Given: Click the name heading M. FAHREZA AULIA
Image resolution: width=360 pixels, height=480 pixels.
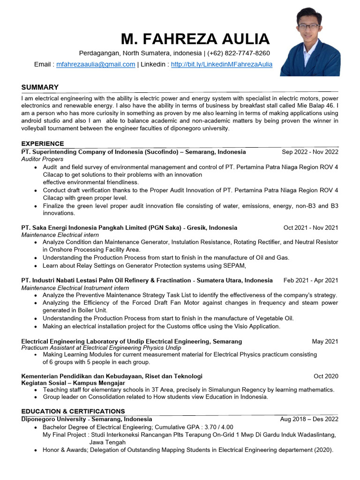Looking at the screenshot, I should [195, 39].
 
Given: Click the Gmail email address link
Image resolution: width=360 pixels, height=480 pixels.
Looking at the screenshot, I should [96, 64].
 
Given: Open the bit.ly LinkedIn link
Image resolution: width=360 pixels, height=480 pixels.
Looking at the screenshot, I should [222, 64].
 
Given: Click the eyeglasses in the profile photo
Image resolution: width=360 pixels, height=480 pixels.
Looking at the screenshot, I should [309, 27].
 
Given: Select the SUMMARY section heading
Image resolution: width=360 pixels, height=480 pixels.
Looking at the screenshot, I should [40, 87].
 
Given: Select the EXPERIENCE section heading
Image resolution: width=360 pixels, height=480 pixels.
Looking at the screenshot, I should [43, 143].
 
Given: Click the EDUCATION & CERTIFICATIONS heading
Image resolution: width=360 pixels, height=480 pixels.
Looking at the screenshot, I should [73, 411].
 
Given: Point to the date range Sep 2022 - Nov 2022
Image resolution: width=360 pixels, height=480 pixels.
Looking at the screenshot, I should [310, 152].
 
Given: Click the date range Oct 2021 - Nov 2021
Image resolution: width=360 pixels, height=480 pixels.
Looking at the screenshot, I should [310, 228].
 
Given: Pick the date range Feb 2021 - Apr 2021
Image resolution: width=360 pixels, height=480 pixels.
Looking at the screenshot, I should [310, 280].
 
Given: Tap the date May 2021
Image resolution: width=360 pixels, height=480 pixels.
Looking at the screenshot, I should [325, 342].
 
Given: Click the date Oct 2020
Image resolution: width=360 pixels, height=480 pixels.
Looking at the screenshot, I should [326, 376].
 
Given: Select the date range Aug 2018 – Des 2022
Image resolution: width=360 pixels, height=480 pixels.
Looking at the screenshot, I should [309, 419].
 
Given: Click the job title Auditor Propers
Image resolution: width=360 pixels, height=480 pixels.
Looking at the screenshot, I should [42, 159].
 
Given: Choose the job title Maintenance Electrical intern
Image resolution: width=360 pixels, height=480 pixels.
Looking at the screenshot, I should [60, 235].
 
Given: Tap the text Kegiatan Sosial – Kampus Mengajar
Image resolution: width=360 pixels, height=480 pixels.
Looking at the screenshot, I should [73, 383].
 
